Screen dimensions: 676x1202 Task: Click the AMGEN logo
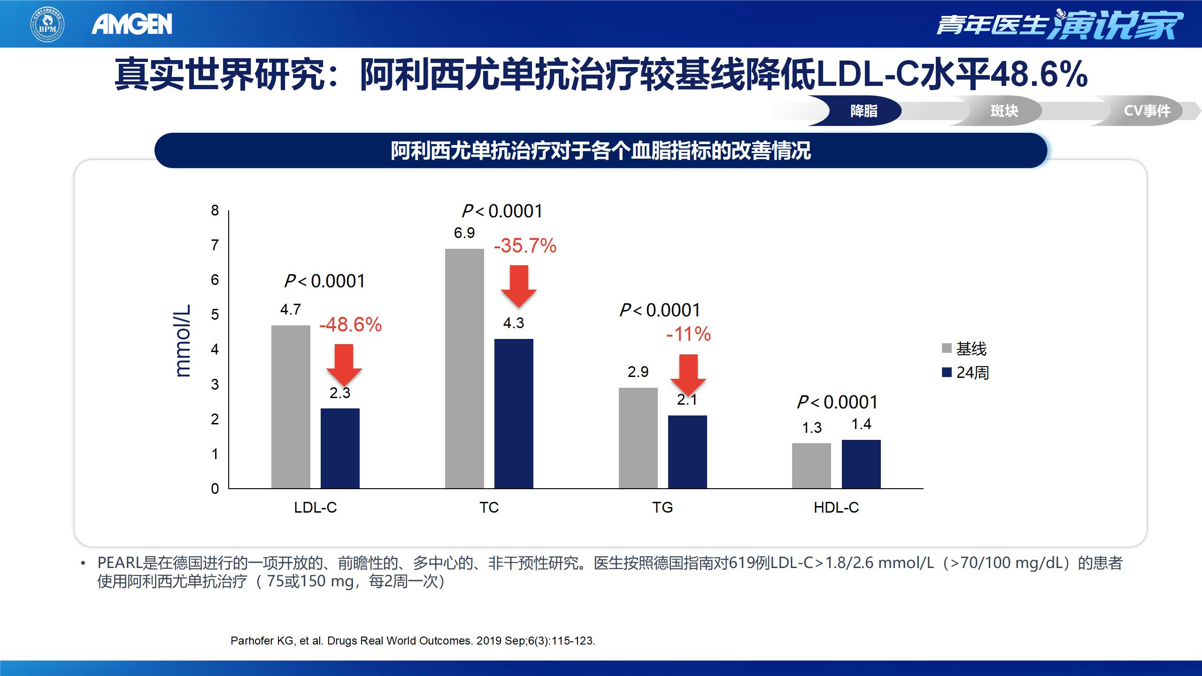tap(132, 24)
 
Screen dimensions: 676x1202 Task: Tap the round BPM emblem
tap(47, 24)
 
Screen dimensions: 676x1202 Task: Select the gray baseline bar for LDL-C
tap(291, 407)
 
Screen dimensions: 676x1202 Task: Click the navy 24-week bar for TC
tap(514, 413)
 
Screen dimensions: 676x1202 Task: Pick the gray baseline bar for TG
tap(638, 438)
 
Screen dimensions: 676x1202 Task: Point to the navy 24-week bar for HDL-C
tap(861, 464)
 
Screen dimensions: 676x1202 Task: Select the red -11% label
tap(688, 334)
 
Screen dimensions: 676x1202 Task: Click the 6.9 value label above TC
tap(464, 233)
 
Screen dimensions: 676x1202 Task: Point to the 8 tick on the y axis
tap(215, 210)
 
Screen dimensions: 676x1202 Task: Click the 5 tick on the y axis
tap(215, 315)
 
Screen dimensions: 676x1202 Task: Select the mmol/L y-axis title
tap(183, 340)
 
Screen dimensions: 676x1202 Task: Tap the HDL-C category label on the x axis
tap(836, 507)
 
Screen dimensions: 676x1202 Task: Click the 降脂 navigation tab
tap(864, 111)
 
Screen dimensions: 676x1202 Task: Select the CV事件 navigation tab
tap(1147, 111)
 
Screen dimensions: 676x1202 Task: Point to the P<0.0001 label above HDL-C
tap(837, 402)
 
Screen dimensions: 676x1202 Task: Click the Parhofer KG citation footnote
tap(413, 641)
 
